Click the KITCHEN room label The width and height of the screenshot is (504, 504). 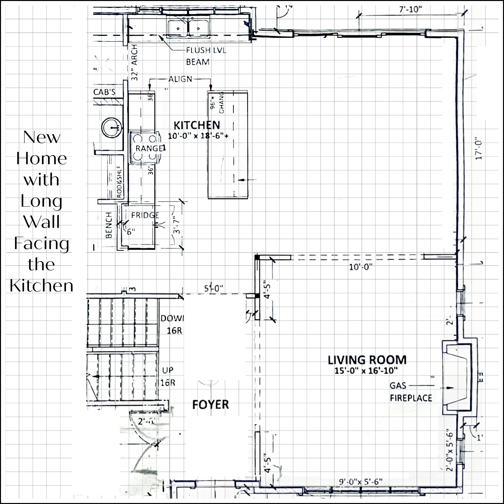197,126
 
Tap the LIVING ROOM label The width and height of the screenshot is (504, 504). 367,360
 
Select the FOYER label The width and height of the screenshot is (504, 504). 211,405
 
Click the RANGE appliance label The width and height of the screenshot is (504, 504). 150,148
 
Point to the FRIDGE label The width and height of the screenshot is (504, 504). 145,215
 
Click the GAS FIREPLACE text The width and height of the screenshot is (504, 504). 411,392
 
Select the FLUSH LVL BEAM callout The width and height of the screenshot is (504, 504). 206,56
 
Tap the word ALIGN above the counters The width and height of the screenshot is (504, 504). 180,79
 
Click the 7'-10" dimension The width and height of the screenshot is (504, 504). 410,10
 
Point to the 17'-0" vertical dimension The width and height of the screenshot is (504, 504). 478,148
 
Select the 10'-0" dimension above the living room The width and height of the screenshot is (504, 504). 360,267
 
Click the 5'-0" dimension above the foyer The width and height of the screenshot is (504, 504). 213,288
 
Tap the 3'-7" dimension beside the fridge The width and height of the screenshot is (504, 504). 177,225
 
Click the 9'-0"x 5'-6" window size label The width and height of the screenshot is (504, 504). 360,482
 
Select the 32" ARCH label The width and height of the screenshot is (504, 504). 134,63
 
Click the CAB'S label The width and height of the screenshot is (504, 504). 104,92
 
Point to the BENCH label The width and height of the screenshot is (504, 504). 109,225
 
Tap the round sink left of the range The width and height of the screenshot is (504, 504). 112,127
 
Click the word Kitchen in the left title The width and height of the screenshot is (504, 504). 41,286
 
